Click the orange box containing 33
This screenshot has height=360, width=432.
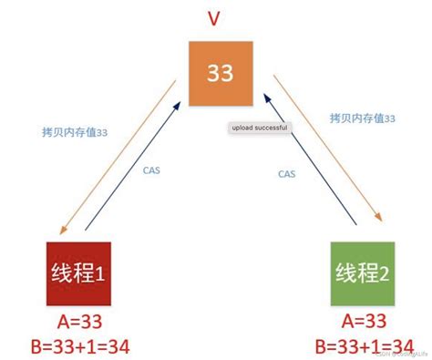pos(220,72)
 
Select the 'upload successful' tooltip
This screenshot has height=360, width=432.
pos(259,129)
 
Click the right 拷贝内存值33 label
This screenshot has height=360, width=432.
pos(362,118)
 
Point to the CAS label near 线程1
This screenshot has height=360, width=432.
pos(153,169)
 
